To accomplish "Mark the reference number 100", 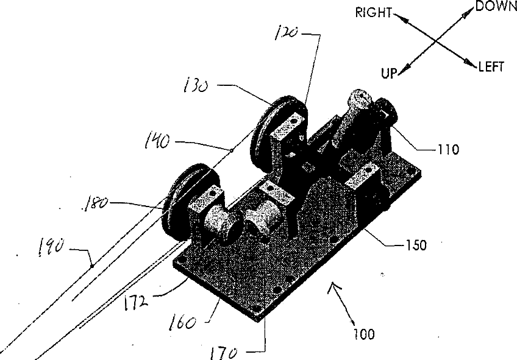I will pos(364,334).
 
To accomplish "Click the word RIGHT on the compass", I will pos(374,13).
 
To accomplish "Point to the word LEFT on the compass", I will pos(491,68).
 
